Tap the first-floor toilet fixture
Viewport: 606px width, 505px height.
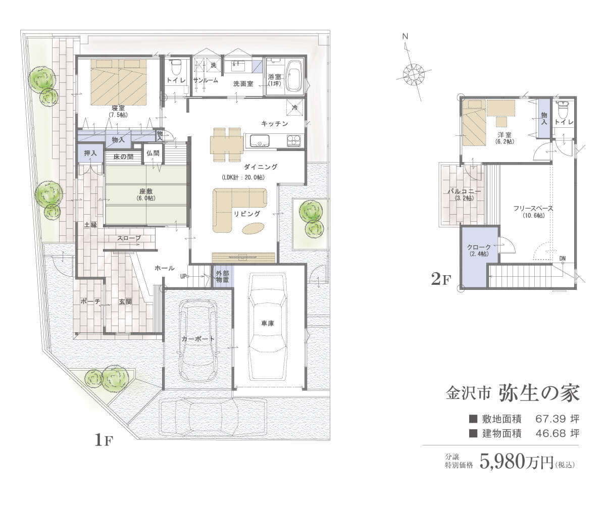[176, 67]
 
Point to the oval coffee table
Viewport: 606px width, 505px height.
[254, 228]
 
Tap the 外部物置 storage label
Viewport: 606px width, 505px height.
[223, 277]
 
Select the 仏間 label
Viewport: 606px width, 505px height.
[153, 153]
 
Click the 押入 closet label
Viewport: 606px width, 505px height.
[90, 153]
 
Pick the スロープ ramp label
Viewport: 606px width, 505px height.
[129, 238]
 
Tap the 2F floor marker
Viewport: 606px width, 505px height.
[441, 280]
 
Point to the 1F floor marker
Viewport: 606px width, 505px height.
[104, 440]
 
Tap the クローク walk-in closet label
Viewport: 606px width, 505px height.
[479, 247]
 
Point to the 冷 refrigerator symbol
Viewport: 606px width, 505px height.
[295, 108]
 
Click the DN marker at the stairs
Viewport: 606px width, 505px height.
[563, 258]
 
